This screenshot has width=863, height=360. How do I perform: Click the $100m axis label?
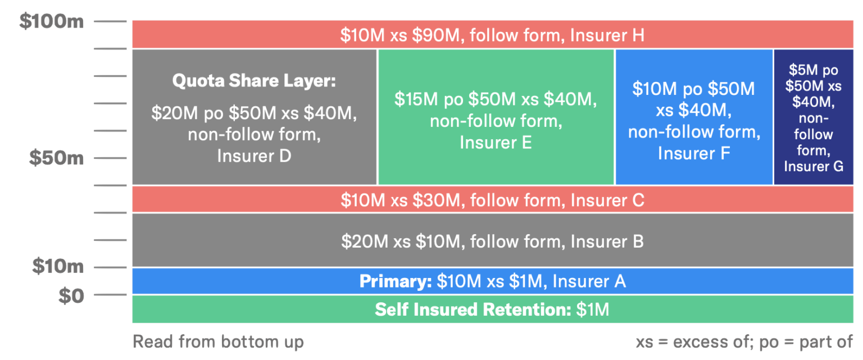pyautogui.click(x=51, y=21)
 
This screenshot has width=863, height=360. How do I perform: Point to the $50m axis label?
pyautogui.click(x=56, y=158)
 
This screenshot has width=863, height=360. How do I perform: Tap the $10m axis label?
pyautogui.click(x=57, y=266)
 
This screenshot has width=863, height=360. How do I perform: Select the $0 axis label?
pyautogui.click(x=71, y=295)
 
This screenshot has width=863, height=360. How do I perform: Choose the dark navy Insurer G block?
pyautogui.click(x=814, y=117)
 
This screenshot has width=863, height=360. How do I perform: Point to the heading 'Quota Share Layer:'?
pyautogui.click(x=253, y=81)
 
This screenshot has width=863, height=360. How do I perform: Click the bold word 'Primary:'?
pyautogui.click(x=396, y=281)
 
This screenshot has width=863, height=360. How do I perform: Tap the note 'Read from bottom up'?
pyautogui.click(x=218, y=341)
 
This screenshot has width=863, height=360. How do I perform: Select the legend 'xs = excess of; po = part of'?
pyautogui.click(x=744, y=342)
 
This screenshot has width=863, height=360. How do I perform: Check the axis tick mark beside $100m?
pyautogui.click(x=110, y=21)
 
